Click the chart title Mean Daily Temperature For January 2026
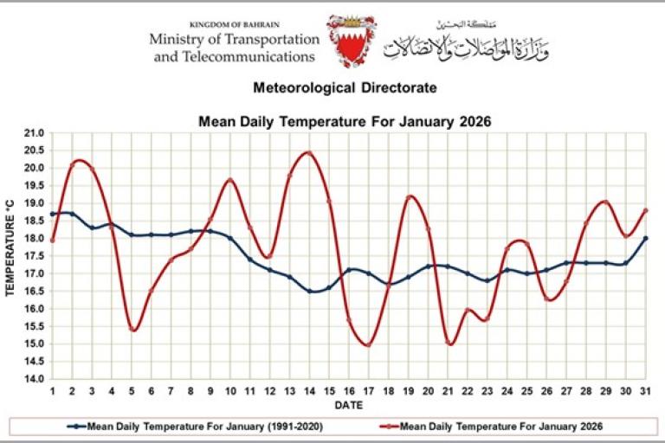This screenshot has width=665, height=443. click(345, 122)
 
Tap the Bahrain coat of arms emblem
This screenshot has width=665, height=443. click(351, 41)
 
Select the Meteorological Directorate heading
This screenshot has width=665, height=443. click(345, 87)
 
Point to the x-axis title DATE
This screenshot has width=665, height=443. click(349, 405)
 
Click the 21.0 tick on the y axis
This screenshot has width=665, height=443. click(34, 134)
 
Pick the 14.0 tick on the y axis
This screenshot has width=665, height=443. click(34, 379)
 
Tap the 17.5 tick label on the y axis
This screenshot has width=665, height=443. click(34, 257)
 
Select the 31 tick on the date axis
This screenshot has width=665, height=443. click(645, 391)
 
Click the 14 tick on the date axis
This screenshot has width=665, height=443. click(309, 391)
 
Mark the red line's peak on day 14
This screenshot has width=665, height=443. click(309, 153)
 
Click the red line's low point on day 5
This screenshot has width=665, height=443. click(132, 330)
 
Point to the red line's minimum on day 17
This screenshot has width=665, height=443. click(369, 344)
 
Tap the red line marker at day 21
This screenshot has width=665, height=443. click(449, 343)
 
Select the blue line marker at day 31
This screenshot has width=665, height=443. click(645, 239)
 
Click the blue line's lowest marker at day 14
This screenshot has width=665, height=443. click(309, 292)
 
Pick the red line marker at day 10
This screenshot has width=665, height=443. click(230, 180)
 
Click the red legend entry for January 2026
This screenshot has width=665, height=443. click(489, 426)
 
